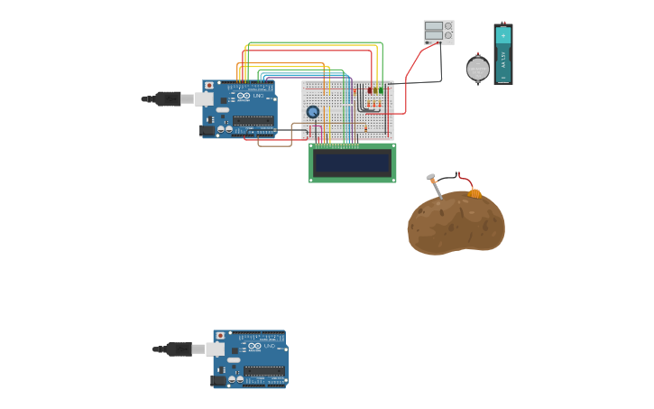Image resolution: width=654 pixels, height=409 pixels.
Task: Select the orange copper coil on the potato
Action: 474,192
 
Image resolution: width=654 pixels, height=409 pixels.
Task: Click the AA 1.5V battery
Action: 502,55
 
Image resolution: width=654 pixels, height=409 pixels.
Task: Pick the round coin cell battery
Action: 478,69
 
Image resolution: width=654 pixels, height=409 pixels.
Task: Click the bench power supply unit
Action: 438,32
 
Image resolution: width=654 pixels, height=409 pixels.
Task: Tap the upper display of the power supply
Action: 434,27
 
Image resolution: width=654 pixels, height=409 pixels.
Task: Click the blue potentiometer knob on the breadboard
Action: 313,112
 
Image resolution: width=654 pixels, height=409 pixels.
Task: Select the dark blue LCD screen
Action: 353,163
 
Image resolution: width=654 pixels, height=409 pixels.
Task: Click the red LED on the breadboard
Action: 370,90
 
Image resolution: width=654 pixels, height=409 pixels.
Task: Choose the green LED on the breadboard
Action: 381,90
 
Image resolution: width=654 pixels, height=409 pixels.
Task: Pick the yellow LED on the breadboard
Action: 375,90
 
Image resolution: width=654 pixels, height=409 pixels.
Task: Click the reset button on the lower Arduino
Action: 220,336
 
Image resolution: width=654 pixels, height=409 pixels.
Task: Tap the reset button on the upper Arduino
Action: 209,86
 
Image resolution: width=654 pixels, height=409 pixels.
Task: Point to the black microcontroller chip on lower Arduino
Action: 264,370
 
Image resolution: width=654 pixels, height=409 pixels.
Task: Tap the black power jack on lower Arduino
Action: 218,380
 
